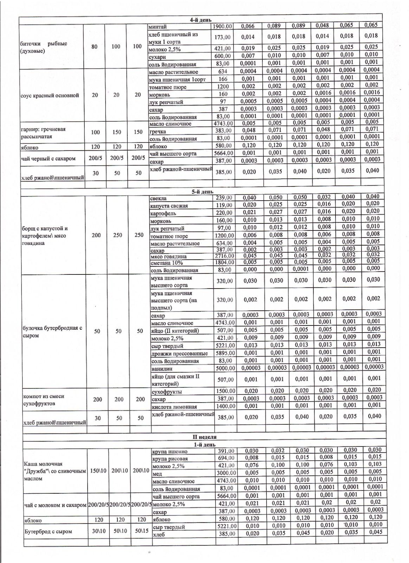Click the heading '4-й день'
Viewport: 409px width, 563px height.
tap(200, 20)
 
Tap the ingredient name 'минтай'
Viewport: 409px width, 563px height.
tap(158, 27)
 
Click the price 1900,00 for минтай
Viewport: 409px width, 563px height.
tap(222, 26)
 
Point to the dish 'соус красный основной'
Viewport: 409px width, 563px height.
tap(50, 95)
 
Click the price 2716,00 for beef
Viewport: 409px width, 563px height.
tap(224, 256)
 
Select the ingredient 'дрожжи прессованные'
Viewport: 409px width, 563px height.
tap(179, 353)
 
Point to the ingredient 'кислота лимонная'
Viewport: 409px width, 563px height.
tap(174, 406)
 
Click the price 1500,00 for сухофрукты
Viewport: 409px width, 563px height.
tap(225, 391)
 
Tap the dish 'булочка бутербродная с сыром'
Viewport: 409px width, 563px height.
tap(52, 331)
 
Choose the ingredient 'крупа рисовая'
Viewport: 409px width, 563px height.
tap(170, 458)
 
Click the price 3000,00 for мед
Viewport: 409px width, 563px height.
tap(226, 473)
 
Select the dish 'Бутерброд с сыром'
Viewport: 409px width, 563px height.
tap(47, 531)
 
